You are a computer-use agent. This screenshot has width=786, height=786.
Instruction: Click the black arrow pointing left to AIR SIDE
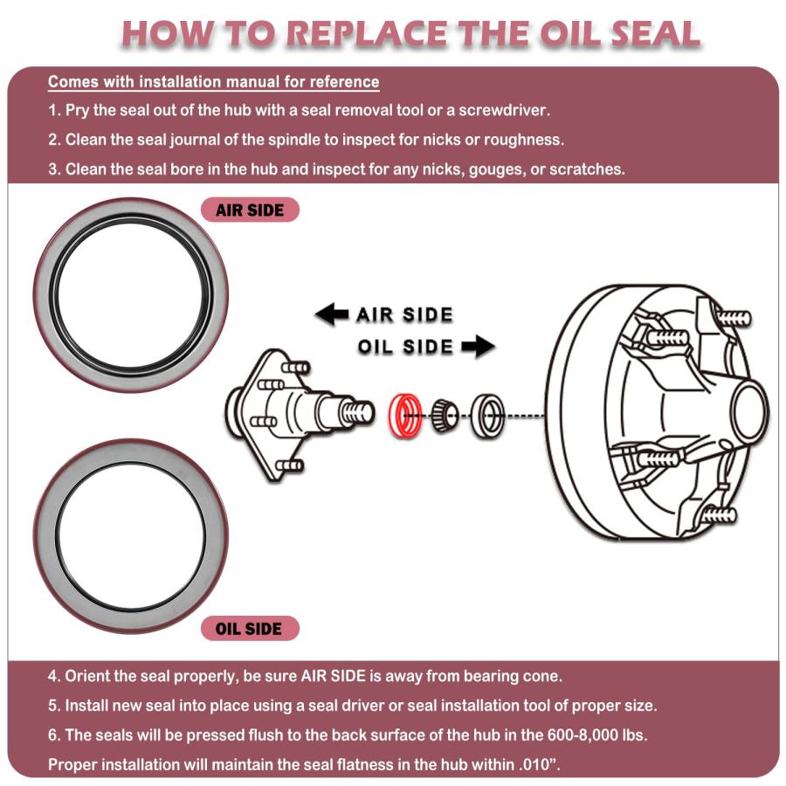click(x=332, y=314)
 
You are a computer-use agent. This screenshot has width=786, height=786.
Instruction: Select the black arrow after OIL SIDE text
click(x=479, y=347)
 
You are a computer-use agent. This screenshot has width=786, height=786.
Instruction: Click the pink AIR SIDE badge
click(x=250, y=210)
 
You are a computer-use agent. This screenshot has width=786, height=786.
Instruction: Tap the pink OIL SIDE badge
click(x=250, y=628)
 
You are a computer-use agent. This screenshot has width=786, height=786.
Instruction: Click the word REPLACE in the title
click(x=369, y=33)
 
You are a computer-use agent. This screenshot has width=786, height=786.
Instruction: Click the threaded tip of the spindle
click(x=356, y=410)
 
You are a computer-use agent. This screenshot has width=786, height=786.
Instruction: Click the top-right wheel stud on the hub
click(x=734, y=317)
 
